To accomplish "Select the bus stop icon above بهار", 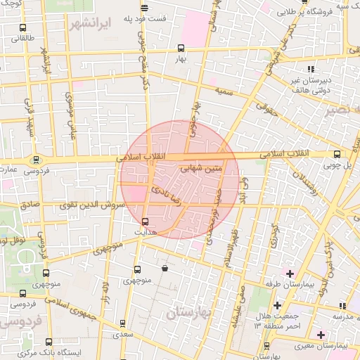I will coord(181,49).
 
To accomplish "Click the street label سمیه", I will coord(225,92).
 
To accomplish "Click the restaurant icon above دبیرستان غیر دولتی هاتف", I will coord(311,69).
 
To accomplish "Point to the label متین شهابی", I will coord(202,169).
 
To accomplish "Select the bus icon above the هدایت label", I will coord(145,221).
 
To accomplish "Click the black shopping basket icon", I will coord(165,268).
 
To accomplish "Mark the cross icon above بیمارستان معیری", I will coord(321,334).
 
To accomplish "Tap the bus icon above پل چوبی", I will coord(337,155).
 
